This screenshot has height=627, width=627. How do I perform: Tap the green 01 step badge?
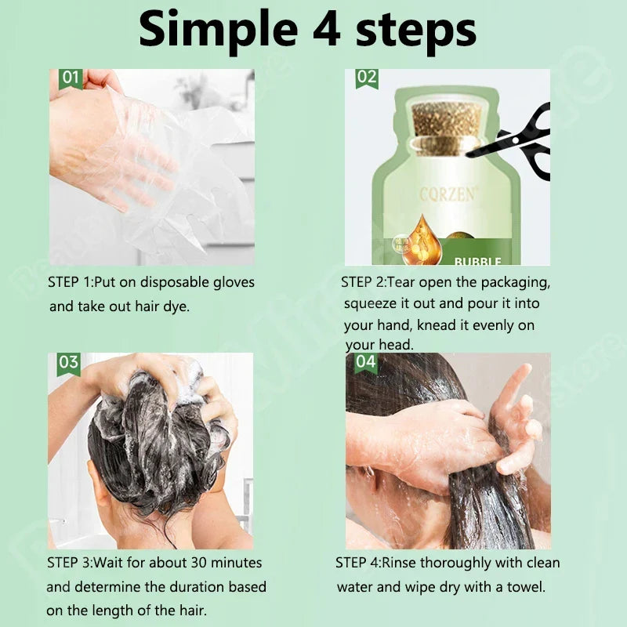(x=71, y=78)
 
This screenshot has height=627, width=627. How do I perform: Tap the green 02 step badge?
(x=366, y=78)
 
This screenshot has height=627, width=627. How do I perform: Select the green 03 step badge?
(x=68, y=362)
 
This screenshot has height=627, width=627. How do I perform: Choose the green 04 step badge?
(x=366, y=362)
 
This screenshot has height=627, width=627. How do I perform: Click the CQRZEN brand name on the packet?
(x=448, y=194)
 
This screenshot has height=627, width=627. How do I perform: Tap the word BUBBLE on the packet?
(x=478, y=261)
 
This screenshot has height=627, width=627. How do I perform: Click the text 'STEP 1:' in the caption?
(x=70, y=282)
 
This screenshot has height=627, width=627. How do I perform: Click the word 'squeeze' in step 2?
(x=372, y=303)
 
